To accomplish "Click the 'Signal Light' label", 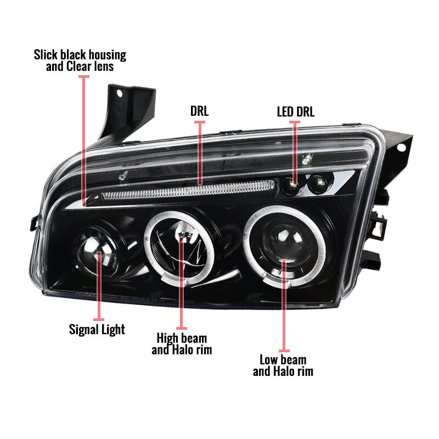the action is pyautogui.click(x=97, y=330).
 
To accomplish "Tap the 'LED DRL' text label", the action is pyautogui.click(x=296, y=111).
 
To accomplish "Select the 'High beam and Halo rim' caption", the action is pyautogui.click(x=182, y=344).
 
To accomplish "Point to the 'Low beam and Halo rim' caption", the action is pyautogui.click(x=283, y=365).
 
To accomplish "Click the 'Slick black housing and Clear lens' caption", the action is pyautogui.click(x=80, y=60).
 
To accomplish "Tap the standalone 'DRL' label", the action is pyautogui.click(x=199, y=111).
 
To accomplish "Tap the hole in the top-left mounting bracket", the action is pyautogui.click(x=120, y=93).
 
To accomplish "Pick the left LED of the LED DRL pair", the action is pyautogui.click(x=291, y=185).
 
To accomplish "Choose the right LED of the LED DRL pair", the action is pyautogui.click(x=319, y=184).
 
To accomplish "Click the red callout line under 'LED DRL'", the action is pyautogui.click(x=295, y=152).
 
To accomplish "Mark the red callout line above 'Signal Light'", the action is pyautogui.click(x=99, y=286).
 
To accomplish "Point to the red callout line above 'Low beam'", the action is pyautogui.click(x=284, y=306).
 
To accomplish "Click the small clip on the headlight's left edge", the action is pyautogui.click(x=34, y=223).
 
